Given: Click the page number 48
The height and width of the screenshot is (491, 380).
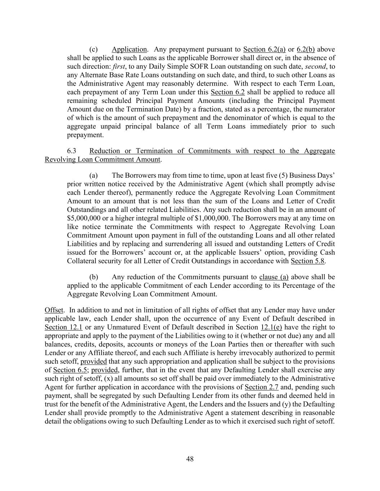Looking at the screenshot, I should point(190,459).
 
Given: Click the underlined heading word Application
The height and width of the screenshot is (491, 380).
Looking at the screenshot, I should point(129,49).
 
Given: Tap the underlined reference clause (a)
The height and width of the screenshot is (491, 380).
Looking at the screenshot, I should point(274,277).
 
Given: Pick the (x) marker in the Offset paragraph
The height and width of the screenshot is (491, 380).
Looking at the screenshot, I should point(108,379).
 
